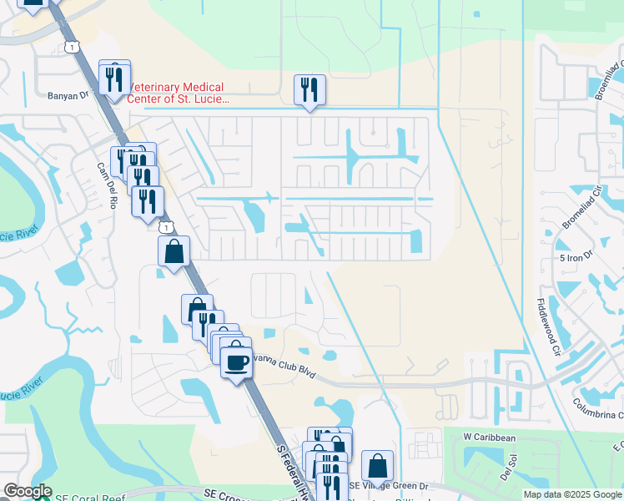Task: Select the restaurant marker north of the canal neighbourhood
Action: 309,89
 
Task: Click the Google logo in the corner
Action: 28,491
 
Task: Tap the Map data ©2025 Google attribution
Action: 571,494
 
